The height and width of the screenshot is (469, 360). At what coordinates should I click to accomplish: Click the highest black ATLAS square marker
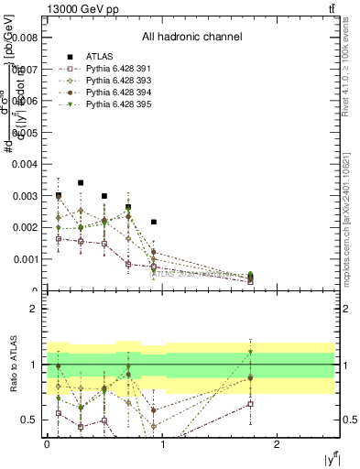[82, 183]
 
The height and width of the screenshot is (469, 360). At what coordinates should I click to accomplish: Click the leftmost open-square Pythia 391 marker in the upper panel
[59, 238]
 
